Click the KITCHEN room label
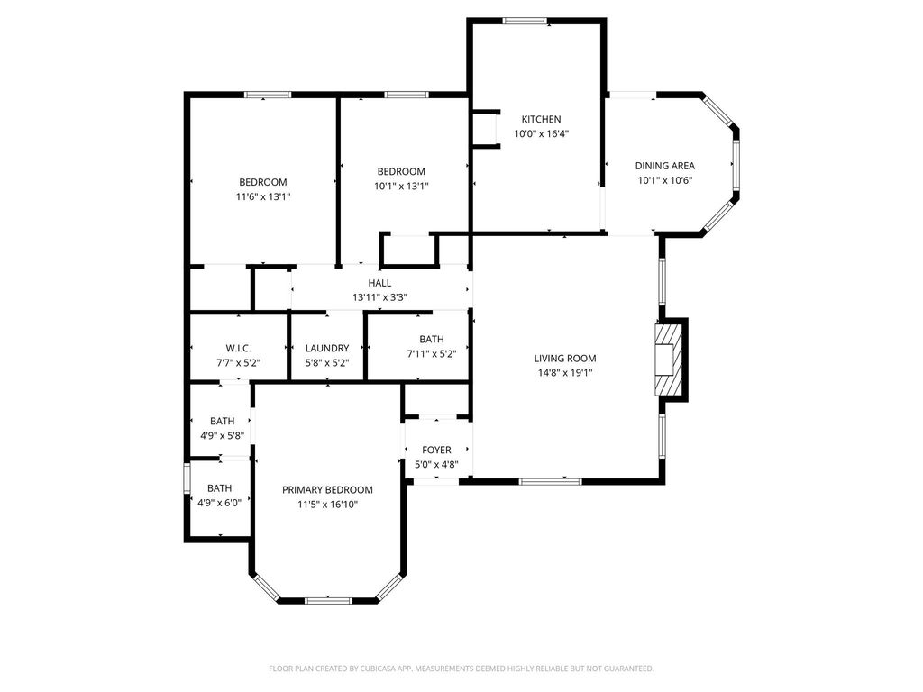coord(541,119)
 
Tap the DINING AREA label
coord(664,166)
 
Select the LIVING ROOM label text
coord(565,359)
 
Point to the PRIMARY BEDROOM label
coord(327,489)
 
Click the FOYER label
coord(437,451)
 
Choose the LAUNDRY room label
coord(327,349)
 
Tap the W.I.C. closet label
coord(238,349)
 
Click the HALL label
coord(379,283)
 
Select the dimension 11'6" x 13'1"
coord(263,196)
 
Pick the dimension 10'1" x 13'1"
coord(401,186)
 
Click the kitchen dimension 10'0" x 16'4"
coord(542,133)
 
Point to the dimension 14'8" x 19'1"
coord(565,372)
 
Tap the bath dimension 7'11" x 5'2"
coord(432,353)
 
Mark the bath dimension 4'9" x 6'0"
coord(220,503)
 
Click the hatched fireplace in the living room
coord(670,360)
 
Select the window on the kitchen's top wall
coord(525,22)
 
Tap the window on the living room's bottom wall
coord(551,481)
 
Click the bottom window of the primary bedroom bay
coord(328,601)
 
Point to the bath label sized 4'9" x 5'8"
coord(222,422)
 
